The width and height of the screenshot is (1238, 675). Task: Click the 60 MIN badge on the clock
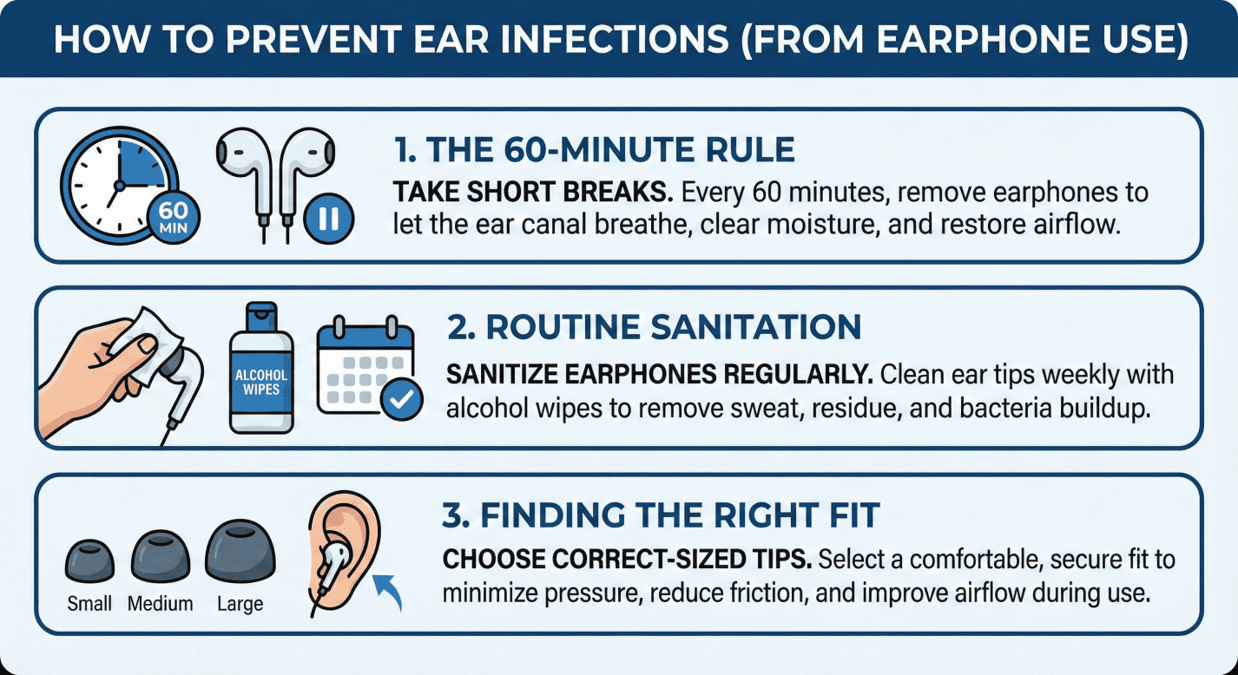point(174,218)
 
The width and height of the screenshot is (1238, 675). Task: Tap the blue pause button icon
point(329,219)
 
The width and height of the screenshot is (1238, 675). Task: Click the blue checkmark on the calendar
point(402,399)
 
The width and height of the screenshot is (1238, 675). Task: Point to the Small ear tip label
point(89,603)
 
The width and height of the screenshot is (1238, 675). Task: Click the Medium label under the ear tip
point(161,603)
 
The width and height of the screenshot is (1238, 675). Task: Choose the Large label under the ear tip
point(240,604)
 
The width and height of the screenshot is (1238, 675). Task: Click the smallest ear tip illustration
point(89,561)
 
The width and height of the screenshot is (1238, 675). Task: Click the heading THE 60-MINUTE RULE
point(594,149)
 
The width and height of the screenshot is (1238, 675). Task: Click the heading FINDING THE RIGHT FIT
point(661,514)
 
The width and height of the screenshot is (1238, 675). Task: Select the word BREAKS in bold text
point(617,193)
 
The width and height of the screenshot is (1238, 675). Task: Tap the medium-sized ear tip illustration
point(161,558)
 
